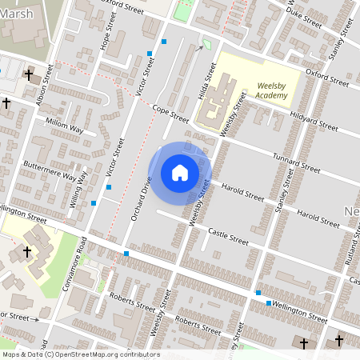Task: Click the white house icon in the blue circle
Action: (180, 172)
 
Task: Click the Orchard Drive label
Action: (141, 198)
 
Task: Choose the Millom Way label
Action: (65, 127)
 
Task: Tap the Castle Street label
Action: (228, 235)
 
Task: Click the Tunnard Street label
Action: (296, 162)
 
